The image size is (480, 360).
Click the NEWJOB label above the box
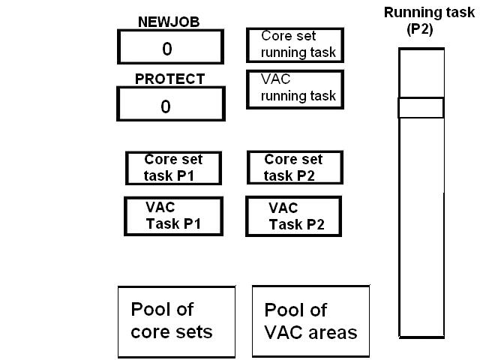click(168, 22)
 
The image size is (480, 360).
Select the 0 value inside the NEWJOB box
click(167, 49)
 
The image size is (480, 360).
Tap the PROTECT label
click(169, 79)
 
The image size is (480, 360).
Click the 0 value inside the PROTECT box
click(166, 106)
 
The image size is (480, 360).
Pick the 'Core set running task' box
click(295, 45)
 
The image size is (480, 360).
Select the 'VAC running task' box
click(295, 89)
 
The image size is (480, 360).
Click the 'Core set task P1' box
click(173, 168)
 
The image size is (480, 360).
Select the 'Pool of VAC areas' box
click(310, 321)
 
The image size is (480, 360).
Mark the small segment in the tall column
click(421, 107)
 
